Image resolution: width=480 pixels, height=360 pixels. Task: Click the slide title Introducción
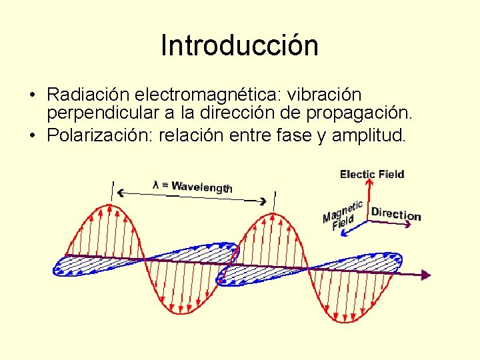(239, 45)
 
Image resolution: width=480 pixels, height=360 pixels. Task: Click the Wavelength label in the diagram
(202, 187)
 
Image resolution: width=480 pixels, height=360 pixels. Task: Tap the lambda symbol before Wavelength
(156, 185)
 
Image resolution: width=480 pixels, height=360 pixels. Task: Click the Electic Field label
(372, 175)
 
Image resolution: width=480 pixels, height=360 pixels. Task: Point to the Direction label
(396, 214)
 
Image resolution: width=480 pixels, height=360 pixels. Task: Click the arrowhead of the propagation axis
(425, 274)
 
